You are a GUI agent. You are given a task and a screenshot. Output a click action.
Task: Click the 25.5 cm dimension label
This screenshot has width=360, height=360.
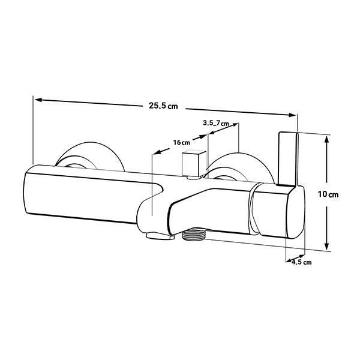[x=163, y=106]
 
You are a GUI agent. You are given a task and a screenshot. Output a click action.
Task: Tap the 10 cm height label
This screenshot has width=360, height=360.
[x=328, y=194]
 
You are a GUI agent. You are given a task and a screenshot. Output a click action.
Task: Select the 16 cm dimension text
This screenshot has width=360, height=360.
[x=182, y=142]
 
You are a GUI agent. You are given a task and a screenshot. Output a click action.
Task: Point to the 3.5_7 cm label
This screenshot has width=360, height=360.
[x=216, y=123]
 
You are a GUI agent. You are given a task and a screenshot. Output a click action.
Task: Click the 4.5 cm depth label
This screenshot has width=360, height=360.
[x=301, y=262]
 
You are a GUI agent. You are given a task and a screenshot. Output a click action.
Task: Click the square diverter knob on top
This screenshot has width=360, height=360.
[x=194, y=163]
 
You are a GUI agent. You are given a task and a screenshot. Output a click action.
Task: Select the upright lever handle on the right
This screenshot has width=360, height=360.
[x=288, y=158]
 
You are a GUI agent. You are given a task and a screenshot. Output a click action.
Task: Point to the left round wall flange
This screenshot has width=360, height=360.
[x=90, y=156]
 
